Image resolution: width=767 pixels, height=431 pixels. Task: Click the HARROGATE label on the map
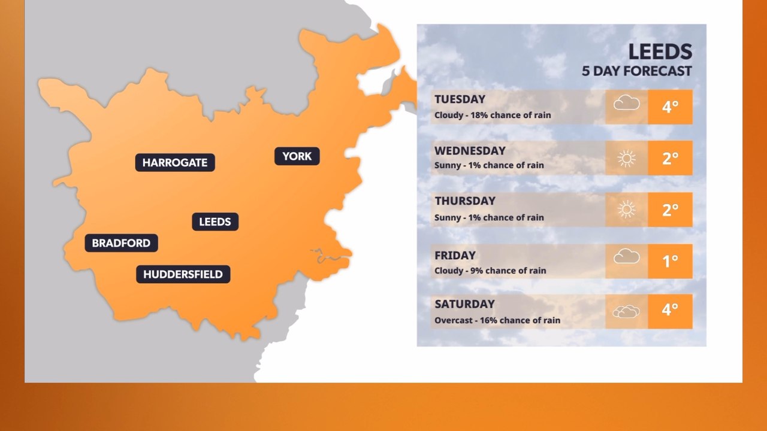click(175, 162)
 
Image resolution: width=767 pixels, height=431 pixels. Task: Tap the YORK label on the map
click(297, 156)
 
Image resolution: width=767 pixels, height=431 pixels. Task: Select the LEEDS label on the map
click(215, 221)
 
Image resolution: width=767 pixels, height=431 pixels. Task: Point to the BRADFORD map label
click(121, 243)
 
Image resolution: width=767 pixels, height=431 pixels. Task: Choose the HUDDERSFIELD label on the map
click(183, 274)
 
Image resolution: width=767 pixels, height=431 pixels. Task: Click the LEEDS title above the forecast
click(660, 52)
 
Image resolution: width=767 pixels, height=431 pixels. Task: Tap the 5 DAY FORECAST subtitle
click(636, 71)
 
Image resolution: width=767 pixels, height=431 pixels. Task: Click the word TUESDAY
click(460, 99)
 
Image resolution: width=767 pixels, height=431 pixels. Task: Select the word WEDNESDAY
click(470, 150)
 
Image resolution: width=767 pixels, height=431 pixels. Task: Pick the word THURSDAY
click(465, 201)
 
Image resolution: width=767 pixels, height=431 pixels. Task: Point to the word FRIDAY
click(455, 256)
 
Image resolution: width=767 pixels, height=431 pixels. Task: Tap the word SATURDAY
click(464, 304)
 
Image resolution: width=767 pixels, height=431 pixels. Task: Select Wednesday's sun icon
click(626, 158)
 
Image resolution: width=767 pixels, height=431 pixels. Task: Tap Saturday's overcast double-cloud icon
click(626, 311)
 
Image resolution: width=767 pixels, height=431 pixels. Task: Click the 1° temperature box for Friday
click(670, 261)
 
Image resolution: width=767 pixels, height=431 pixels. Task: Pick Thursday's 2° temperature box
click(670, 210)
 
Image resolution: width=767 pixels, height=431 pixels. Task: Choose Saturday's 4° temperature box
click(670, 311)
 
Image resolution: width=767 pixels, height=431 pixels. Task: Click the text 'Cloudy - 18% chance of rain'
click(493, 115)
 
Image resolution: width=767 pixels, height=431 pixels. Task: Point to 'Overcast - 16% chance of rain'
click(497, 320)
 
